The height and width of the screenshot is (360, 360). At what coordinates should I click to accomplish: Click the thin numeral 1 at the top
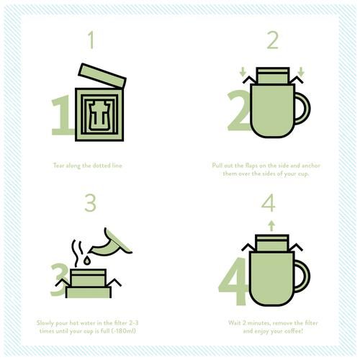tap(91, 40)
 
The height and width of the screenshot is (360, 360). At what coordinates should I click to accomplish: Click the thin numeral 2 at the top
tap(273, 40)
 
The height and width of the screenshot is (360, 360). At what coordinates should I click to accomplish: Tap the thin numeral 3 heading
tap(91, 203)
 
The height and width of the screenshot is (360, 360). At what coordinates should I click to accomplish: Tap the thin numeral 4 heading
tap(269, 203)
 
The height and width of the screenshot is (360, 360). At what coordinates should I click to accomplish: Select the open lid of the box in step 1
tap(102, 76)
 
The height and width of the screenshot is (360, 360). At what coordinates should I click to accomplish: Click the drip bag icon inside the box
tap(99, 116)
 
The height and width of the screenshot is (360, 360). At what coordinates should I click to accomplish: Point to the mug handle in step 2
tap(303, 109)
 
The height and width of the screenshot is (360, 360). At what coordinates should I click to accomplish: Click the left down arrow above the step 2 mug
tap(243, 72)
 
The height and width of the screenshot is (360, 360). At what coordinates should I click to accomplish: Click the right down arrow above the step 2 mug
tap(301, 72)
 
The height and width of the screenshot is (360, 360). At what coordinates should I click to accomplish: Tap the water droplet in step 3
tap(87, 260)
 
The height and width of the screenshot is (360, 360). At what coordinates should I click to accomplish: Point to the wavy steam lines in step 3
tap(77, 253)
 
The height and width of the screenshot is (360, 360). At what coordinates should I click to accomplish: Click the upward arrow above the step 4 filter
tap(271, 226)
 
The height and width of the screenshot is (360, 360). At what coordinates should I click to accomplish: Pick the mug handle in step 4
tap(302, 276)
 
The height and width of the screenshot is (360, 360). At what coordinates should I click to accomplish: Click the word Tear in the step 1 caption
tap(59, 166)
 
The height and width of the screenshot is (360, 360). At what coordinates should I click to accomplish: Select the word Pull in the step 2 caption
tap(217, 166)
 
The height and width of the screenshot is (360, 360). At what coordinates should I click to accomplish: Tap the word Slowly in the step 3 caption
tap(45, 323)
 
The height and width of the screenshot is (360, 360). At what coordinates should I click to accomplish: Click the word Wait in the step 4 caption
tap(234, 323)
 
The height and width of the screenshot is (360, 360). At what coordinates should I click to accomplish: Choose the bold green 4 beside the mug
tap(233, 282)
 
